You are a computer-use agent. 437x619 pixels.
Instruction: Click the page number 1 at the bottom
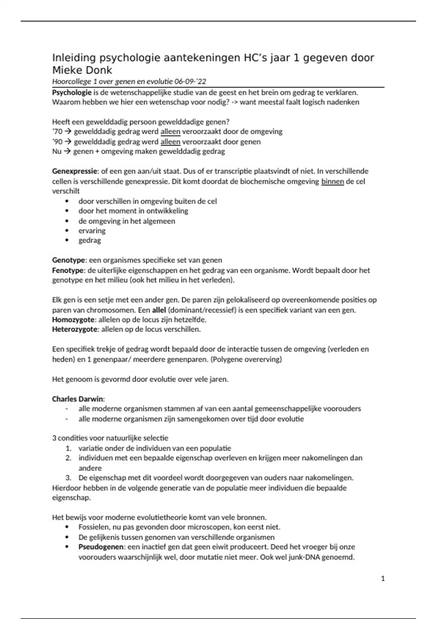pos(383,578)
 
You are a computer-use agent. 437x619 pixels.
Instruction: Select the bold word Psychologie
pos(72,92)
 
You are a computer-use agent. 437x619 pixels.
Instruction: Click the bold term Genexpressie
pos(75,171)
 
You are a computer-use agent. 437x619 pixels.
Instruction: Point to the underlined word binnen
pos(332,181)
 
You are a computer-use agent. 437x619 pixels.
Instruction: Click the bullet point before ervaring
pos(67,230)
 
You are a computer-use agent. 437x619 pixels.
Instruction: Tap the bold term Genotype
pos(69,260)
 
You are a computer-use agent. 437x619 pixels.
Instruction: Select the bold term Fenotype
pos(68,270)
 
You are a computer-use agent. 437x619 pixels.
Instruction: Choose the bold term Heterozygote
pos(75,329)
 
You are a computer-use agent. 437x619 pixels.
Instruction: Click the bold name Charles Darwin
pos(78,399)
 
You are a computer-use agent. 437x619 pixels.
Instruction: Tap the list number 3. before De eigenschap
pos(68,477)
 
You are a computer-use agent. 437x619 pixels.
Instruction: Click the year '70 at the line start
pos(57,131)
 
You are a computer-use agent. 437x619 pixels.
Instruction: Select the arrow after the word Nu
pos(67,151)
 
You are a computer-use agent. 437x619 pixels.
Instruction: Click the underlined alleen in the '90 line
pos(170,142)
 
